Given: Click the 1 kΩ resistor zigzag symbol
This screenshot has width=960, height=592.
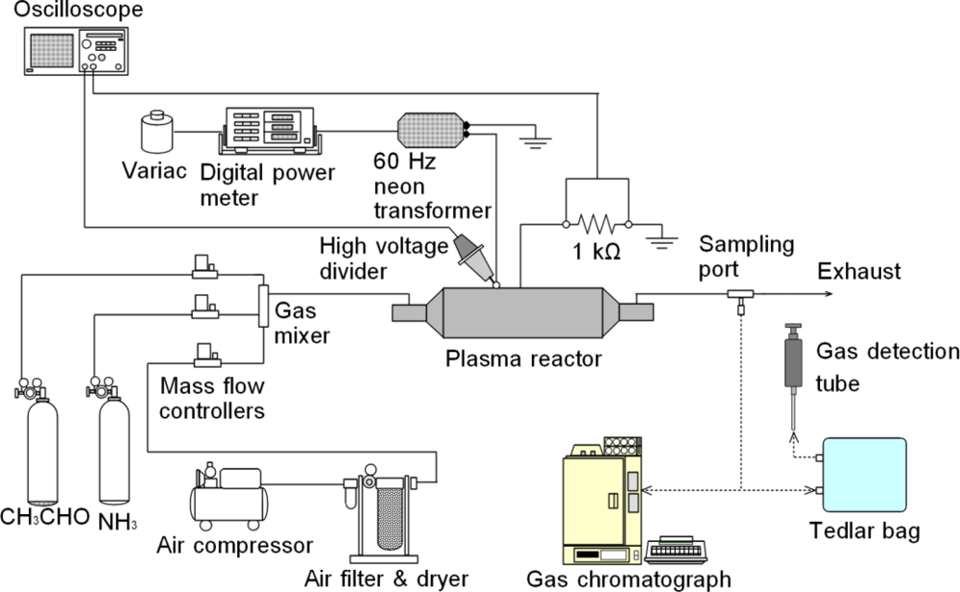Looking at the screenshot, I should pos(597,225).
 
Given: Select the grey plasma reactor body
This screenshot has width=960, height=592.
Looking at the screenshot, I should pos(519,311).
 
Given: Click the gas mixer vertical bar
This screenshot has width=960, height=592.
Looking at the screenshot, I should pos(262,305).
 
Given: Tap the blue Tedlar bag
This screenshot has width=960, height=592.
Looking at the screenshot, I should pos(862,480).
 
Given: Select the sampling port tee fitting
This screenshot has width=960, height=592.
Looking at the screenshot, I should pos(740,295).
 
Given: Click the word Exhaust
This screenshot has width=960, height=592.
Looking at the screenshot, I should pos(858,272).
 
